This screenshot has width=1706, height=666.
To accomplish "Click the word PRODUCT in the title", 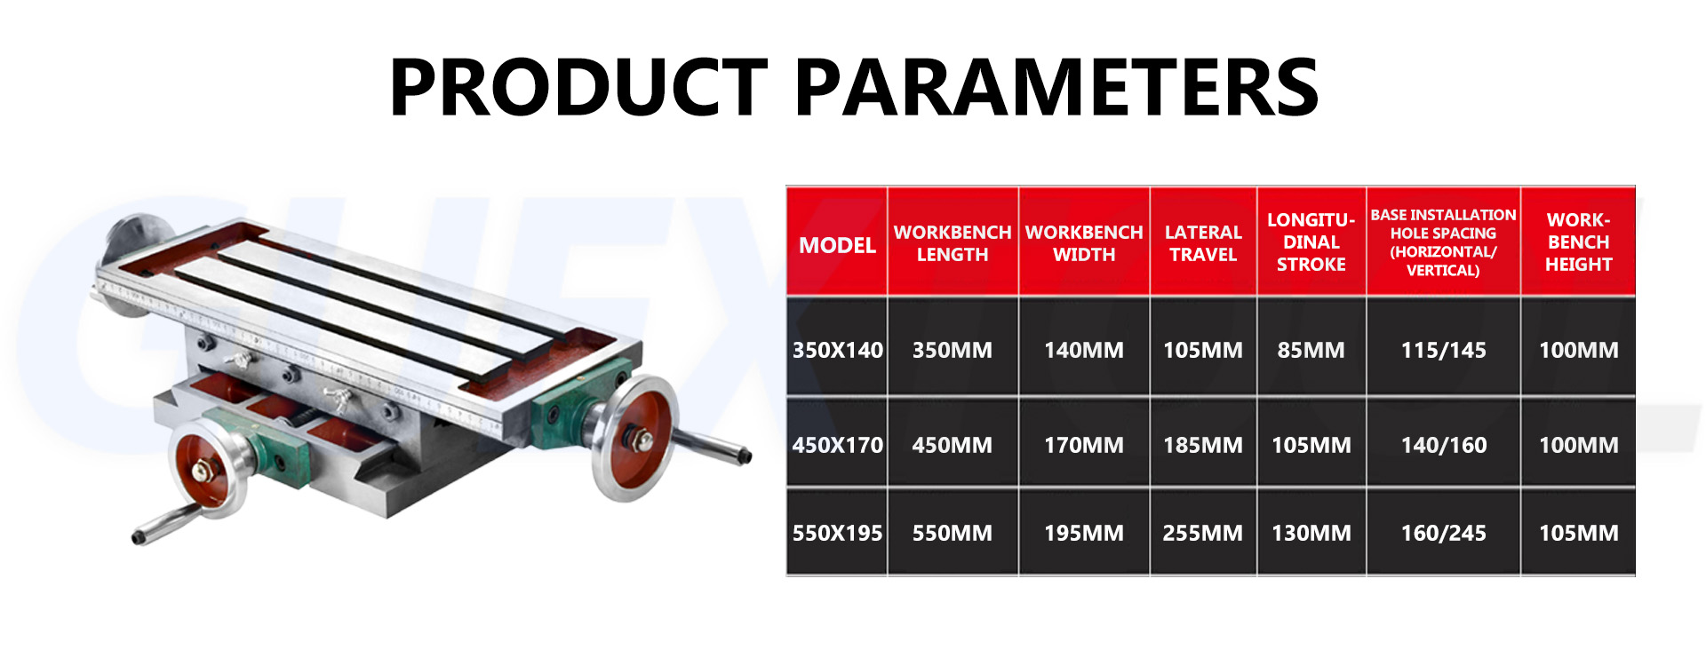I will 578,87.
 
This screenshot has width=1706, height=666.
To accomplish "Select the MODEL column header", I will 837,245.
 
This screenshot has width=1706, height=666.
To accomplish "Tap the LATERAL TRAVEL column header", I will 1202,243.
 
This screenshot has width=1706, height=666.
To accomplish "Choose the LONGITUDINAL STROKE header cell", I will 1311,242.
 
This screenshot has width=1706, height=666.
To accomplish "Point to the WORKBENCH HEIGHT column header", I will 1578,242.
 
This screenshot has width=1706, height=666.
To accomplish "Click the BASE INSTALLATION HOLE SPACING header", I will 1443,242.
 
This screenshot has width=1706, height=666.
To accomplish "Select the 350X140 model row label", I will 837,350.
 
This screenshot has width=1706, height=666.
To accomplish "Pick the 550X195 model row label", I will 837,533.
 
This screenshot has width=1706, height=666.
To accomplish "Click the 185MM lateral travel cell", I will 1202,445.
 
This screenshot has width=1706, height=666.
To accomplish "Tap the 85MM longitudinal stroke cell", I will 1311,350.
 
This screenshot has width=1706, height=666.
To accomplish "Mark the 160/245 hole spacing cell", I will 1443,533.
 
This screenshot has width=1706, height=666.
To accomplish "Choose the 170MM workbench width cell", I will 1083,445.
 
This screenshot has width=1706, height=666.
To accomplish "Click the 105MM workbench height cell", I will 1578,533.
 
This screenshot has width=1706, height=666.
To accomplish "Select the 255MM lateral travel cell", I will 1202,533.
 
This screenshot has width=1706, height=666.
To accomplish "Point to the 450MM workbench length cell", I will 952,445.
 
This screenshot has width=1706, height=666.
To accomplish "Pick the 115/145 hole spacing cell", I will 1443,350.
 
